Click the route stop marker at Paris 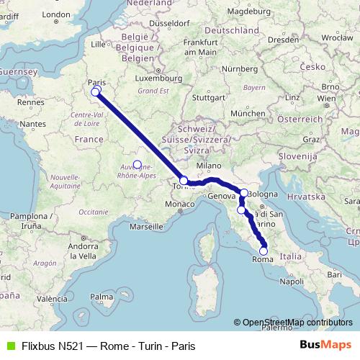(95, 91)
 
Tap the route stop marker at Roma (264, 251)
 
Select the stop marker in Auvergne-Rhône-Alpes (137, 164)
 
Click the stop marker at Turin (184, 181)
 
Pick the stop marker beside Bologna (245, 192)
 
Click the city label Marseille (145, 225)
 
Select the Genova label (221, 196)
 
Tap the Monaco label (181, 205)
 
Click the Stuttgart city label (211, 97)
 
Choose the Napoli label (292, 281)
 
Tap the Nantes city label (33, 124)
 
